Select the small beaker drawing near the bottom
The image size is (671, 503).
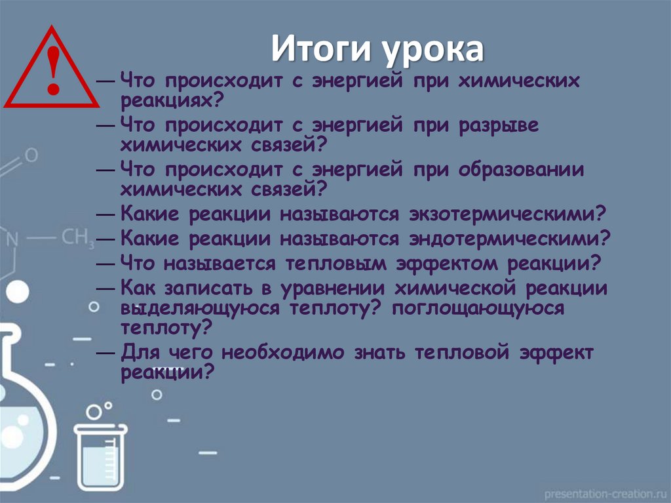100,451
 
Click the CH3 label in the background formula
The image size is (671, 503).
77,238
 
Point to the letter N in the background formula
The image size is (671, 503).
11,239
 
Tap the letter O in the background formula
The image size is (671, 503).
31,155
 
